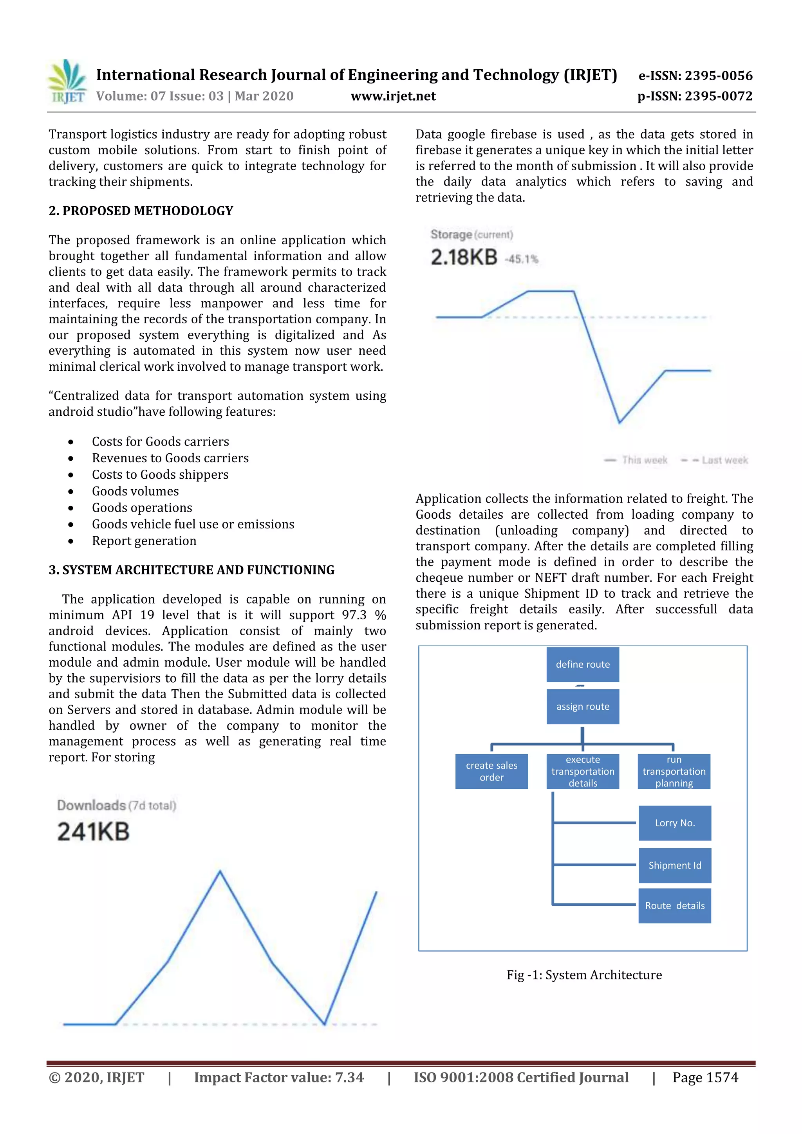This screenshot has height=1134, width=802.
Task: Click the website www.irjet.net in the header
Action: (x=393, y=96)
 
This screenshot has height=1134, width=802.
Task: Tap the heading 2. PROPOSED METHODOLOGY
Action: (x=141, y=211)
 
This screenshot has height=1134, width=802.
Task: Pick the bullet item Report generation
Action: (x=144, y=541)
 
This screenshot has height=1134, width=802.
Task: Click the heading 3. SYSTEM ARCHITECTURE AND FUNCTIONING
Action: (x=191, y=570)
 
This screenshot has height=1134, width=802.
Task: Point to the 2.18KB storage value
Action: (x=464, y=257)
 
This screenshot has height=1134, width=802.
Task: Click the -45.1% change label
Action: (x=521, y=259)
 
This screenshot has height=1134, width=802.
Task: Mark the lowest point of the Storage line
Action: (x=619, y=423)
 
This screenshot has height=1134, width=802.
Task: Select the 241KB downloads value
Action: (x=93, y=831)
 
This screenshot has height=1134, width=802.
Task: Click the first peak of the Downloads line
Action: (x=220, y=872)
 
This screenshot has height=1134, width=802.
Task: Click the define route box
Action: (x=583, y=664)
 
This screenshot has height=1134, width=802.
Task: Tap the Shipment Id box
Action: (x=674, y=865)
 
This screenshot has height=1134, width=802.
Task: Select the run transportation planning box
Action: (x=674, y=771)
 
